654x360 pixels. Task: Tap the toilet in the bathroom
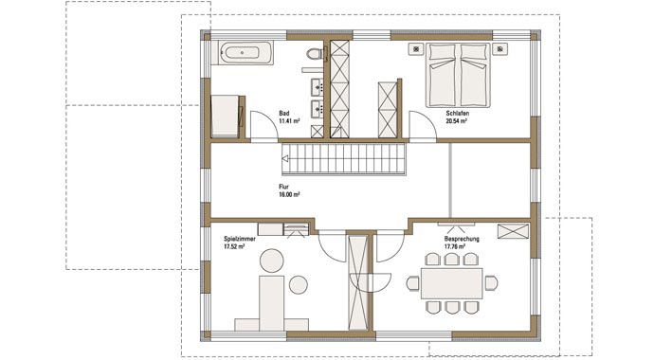coord(312,61)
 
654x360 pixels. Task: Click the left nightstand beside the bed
coord(415,47)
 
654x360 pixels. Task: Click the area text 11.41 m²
coord(289,121)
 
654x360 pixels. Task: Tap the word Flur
coord(283,187)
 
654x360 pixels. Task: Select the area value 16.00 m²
coord(289,194)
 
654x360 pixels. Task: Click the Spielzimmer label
coord(239,239)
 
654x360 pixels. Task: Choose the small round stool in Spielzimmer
coord(298,283)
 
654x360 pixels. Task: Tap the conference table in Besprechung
coord(451,282)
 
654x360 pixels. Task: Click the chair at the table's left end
coord(412,282)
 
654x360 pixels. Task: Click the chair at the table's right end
coord(491,282)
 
